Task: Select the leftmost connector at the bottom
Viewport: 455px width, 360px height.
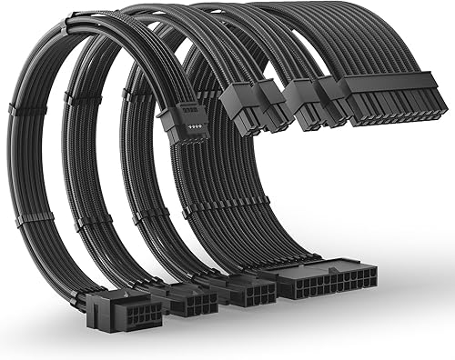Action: point(125,313)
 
